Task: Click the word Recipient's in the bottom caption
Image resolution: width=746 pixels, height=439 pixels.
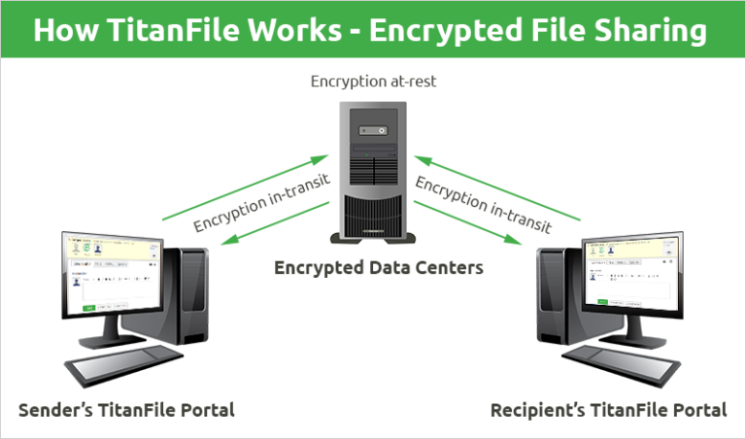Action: click(538, 409)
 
